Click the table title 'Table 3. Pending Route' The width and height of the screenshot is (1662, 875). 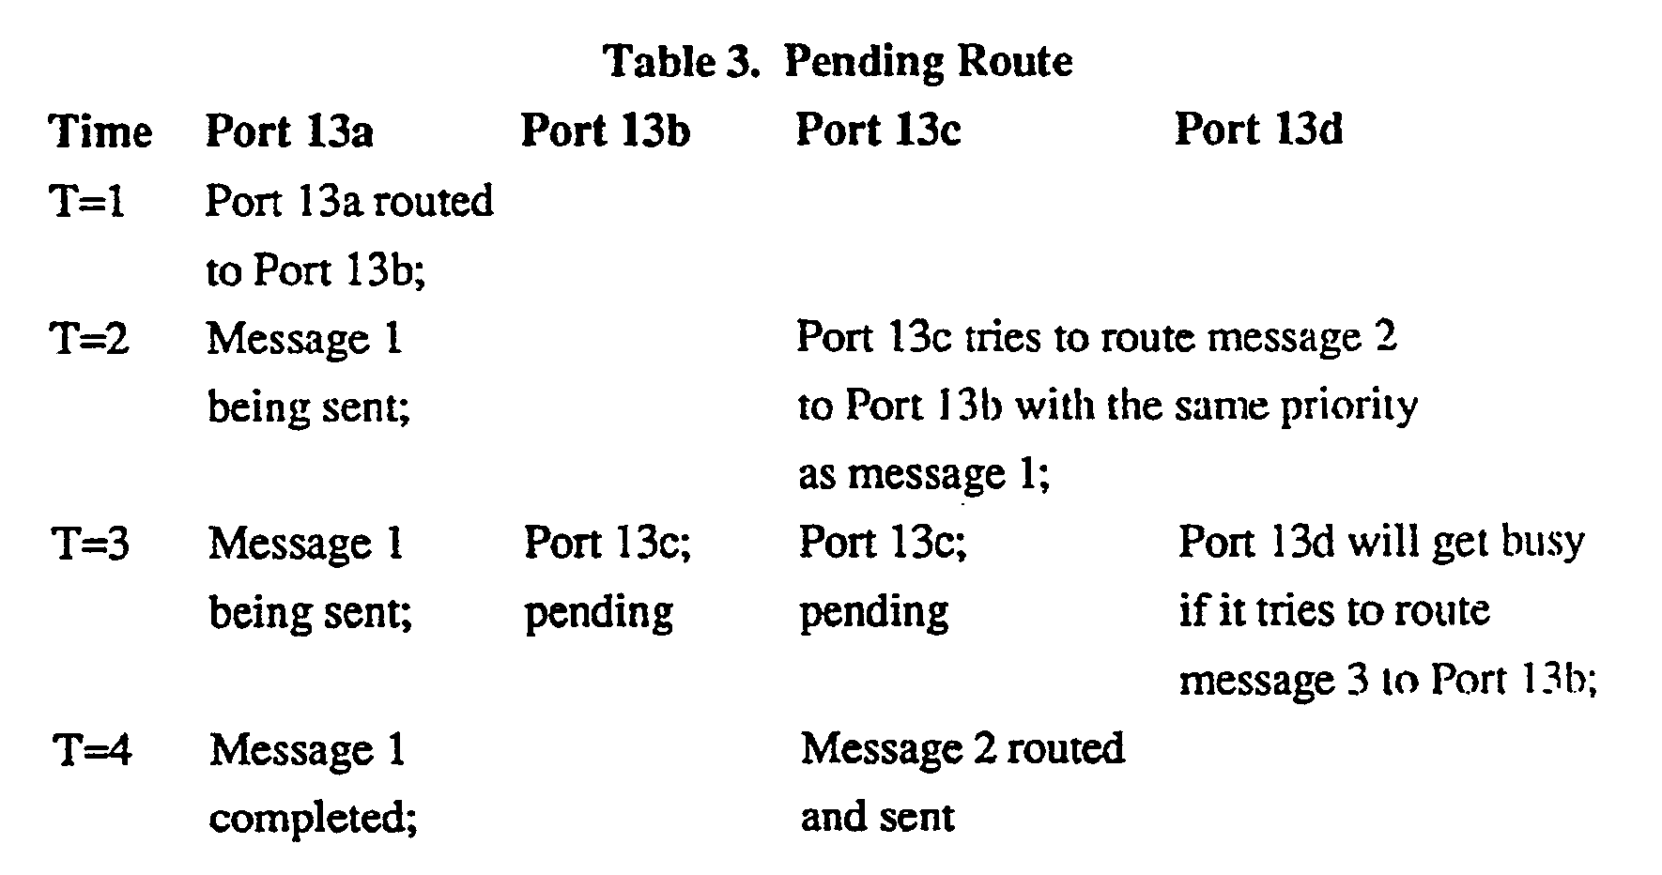click(838, 62)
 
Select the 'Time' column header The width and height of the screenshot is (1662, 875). click(100, 131)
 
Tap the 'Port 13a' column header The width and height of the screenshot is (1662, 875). click(289, 130)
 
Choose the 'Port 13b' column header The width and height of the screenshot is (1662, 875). click(606, 130)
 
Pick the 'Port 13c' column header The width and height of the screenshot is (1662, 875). click(878, 130)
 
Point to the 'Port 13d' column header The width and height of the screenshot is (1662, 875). click(1258, 130)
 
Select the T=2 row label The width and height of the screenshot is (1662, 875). click(89, 338)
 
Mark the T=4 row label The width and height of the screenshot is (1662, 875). click(91, 750)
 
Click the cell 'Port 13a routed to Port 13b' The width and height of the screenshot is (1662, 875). click(348, 236)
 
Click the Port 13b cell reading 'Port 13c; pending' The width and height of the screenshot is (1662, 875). click(607, 577)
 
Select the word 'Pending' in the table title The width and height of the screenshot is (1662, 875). click(863, 62)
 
